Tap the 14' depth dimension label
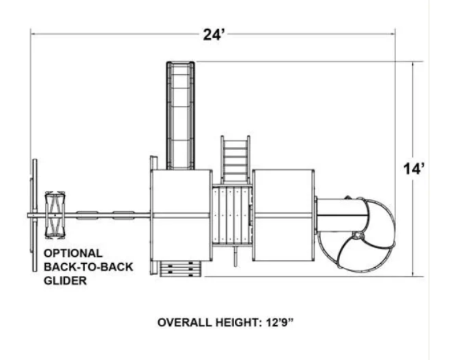(x=414, y=169)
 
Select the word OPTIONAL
(x=73, y=253)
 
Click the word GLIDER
(x=65, y=281)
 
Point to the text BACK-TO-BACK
(x=88, y=267)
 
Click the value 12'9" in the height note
(x=279, y=322)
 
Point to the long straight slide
(x=181, y=115)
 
